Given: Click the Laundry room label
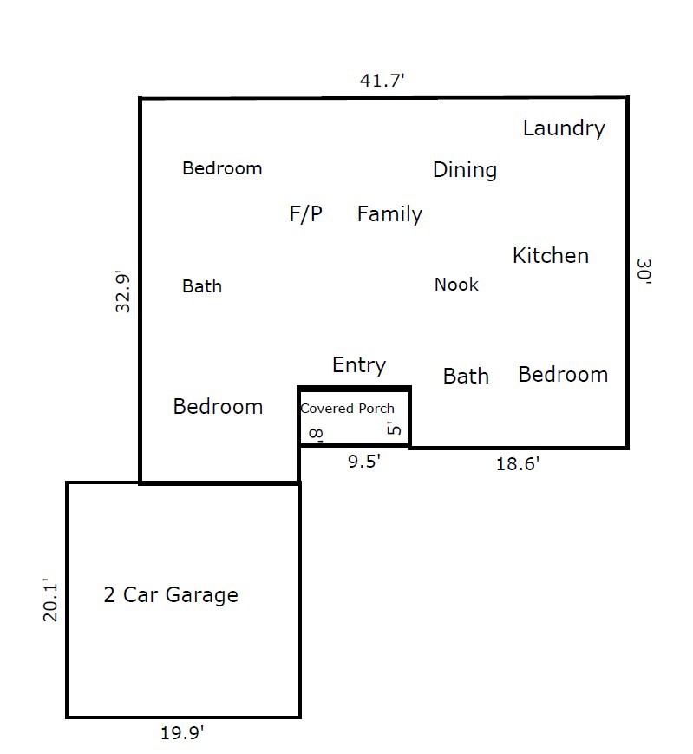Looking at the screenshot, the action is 564,128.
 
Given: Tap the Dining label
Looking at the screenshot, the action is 465,170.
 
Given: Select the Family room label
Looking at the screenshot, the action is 389,214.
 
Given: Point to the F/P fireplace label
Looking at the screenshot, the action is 305,214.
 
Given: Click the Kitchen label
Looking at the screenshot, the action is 551,256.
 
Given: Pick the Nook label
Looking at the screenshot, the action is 456,285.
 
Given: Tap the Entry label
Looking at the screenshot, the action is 359,365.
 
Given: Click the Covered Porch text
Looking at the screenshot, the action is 348,409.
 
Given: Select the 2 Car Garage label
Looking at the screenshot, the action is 171,595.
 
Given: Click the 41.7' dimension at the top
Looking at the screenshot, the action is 382,81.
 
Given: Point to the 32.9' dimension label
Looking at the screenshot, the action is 122,292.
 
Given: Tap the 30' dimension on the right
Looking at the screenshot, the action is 644,272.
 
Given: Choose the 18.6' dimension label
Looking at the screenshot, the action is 518,464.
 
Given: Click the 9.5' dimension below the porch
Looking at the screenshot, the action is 363,462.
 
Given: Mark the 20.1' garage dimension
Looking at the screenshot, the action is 50,600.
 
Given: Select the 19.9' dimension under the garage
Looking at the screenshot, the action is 182,733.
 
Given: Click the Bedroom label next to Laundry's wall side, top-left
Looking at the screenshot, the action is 222,168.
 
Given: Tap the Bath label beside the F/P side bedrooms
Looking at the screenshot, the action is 202,286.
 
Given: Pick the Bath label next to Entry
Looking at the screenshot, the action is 466,376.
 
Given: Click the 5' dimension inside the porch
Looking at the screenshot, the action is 394,428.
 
